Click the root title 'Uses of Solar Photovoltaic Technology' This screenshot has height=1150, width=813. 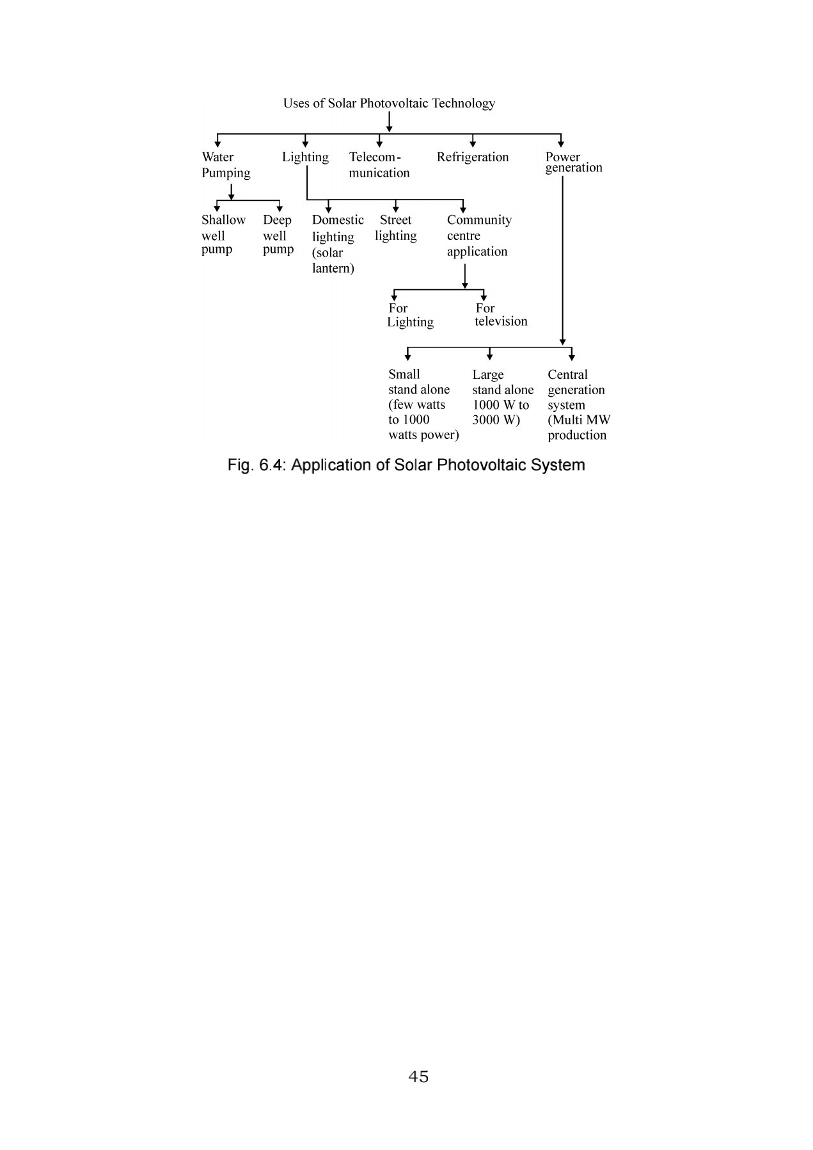(389, 103)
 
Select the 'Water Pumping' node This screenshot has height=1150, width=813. (226, 164)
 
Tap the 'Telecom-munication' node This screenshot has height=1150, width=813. (379, 164)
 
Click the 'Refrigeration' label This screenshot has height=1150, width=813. (473, 157)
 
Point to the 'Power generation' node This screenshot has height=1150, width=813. (574, 162)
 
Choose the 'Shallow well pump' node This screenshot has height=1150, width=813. (223, 234)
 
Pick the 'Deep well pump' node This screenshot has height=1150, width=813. (278, 234)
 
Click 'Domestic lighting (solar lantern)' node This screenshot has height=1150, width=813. (338, 244)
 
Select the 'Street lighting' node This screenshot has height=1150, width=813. (396, 228)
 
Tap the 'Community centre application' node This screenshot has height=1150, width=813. (479, 236)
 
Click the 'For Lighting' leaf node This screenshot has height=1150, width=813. (410, 315)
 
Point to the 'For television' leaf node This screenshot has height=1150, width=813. (501, 315)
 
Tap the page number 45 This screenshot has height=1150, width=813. (418, 1076)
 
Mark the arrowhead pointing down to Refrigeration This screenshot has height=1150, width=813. (473, 144)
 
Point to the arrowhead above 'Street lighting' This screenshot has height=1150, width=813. (396, 209)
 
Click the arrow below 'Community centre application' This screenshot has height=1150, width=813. (465, 276)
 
